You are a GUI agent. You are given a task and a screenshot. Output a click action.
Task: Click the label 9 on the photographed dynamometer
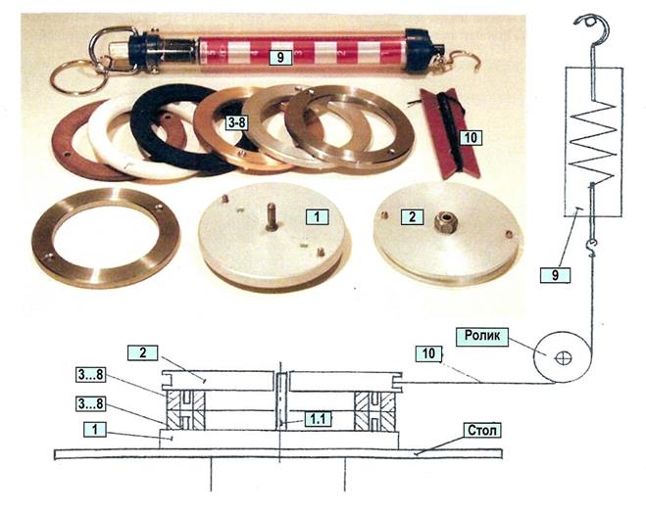280,57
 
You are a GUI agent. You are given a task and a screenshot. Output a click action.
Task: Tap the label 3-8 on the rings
236,122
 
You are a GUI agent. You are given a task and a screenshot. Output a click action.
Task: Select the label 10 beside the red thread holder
471,138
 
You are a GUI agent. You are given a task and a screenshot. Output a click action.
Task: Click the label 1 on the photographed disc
318,217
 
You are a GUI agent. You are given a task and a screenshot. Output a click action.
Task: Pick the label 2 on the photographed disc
413,217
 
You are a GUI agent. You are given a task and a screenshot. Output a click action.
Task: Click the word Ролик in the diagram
482,336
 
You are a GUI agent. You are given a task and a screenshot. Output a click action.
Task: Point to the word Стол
482,431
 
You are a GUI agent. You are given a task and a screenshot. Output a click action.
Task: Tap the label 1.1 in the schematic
318,419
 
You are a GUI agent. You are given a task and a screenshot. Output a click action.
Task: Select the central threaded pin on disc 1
272,215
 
